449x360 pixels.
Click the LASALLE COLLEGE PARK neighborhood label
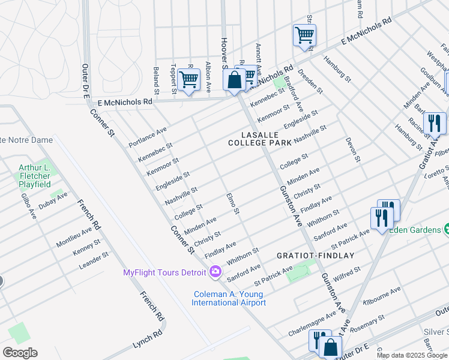click(x=259, y=139)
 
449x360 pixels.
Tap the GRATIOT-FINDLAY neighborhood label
click(x=315, y=255)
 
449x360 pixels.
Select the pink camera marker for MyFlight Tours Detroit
click(x=215, y=272)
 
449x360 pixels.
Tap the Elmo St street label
click(x=233, y=204)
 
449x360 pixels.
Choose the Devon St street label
click(x=352, y=150)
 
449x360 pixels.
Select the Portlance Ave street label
click(x=148, y=137)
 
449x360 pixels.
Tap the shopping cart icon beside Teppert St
click(x=188, y=79)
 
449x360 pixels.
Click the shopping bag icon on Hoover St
click(x=234, y=80)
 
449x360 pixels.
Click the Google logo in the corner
click(x=20, y=353)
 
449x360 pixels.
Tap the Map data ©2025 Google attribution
click(x=412, y=355)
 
